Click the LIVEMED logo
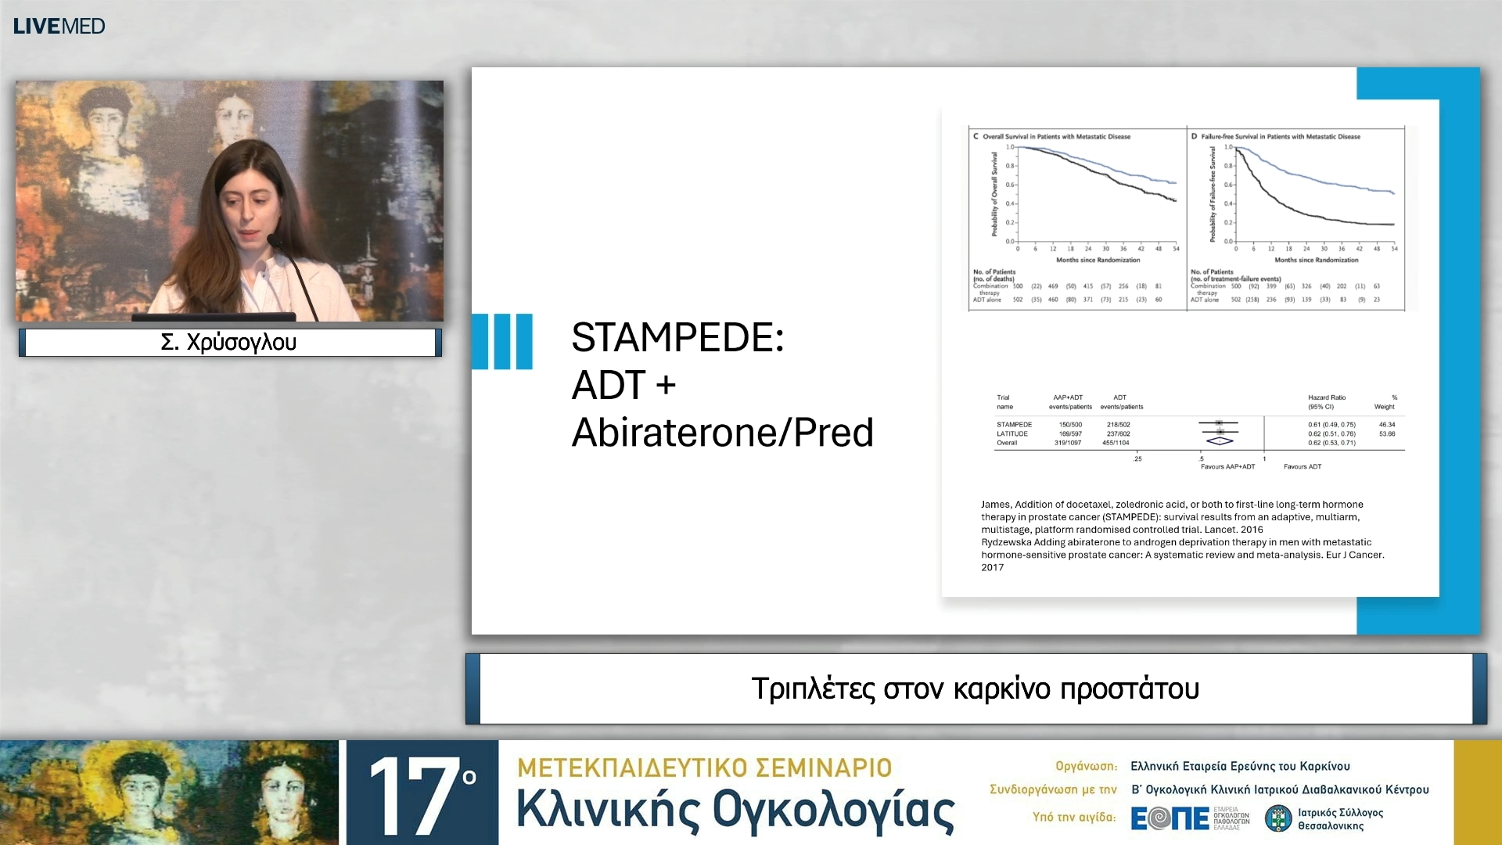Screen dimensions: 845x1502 pyautogui.click(x=59, y=26)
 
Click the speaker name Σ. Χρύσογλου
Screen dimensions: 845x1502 pyautogui.click(x=228, y=342)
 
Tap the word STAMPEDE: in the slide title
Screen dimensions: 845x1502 pyautogui.click(x=677, y=337)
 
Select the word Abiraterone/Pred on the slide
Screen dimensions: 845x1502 pyautogui.click(x=722, y=433)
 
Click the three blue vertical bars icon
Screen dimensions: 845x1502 pyautogui.click(x=502, y=341)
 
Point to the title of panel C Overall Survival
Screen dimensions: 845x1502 pyautogui.click(x=1055, y=136)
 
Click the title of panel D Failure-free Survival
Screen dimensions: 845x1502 pyautogui.click(x=1280, y=136)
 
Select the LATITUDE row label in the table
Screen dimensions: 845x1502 pyautogui.click(x=1012, y=433)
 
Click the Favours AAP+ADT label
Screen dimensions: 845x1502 pyautogui.click(x=1227, y=466)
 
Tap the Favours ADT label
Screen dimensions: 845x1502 pyautogui.click(x=1302, y=466)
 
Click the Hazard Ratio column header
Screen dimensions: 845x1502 pyautogui.click(x=1326, y=397)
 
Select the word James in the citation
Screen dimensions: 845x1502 pyautogui.click(x=995, y=505)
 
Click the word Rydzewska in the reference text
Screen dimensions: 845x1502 pyautogui.click(x=1006, y=542)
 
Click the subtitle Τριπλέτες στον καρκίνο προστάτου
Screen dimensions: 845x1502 pyautogui.click(x=975, y=689)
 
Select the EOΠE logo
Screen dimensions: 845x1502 pyautogui.click(x=1170, y=818)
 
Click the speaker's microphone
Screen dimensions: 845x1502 pyautogui.click(x=275, y=240)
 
